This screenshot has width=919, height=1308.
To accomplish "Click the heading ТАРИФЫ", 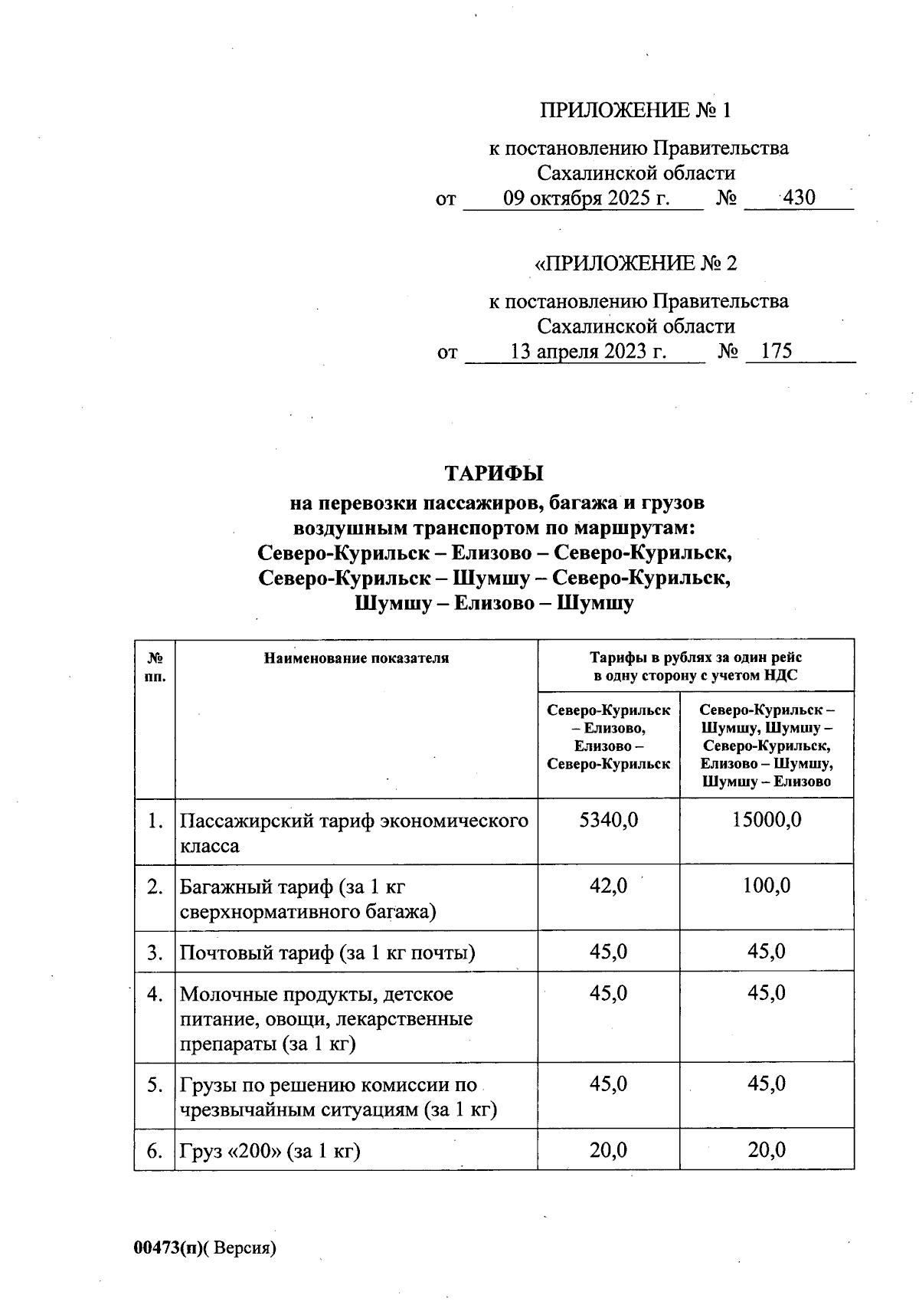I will (x=494, y=473).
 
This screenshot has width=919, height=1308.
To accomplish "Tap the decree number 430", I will (x=799, y=198).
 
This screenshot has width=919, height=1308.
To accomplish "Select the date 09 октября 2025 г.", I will (x=586, y=198).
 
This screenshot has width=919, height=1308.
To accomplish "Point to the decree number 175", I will (x=777, y=352).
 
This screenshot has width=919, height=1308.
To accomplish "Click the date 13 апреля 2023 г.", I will (x=587, y=352).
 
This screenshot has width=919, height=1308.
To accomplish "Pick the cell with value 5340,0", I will (x=608, y=821).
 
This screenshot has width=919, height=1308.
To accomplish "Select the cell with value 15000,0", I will (x=767, y=821).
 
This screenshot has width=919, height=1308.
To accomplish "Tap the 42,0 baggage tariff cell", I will (x=608, y=887).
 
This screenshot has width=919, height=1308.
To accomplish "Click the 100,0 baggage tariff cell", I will (x=767, y=887).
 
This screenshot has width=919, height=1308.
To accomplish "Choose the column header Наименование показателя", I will (x=356, y=658).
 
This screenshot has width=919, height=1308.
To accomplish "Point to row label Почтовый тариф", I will (x=327, y=953).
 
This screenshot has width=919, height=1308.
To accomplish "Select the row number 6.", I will (x=155, y=1151).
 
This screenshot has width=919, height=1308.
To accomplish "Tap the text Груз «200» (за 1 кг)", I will (x=270, y=1151).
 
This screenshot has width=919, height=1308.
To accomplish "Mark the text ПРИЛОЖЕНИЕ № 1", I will (x=636, y=111).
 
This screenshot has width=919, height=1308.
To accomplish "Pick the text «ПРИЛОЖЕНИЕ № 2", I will (x=636, y=264).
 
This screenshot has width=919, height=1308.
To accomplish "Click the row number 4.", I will (x=155, y=995).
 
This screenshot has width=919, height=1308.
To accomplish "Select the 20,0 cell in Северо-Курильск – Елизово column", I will (x=608, y=1150).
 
